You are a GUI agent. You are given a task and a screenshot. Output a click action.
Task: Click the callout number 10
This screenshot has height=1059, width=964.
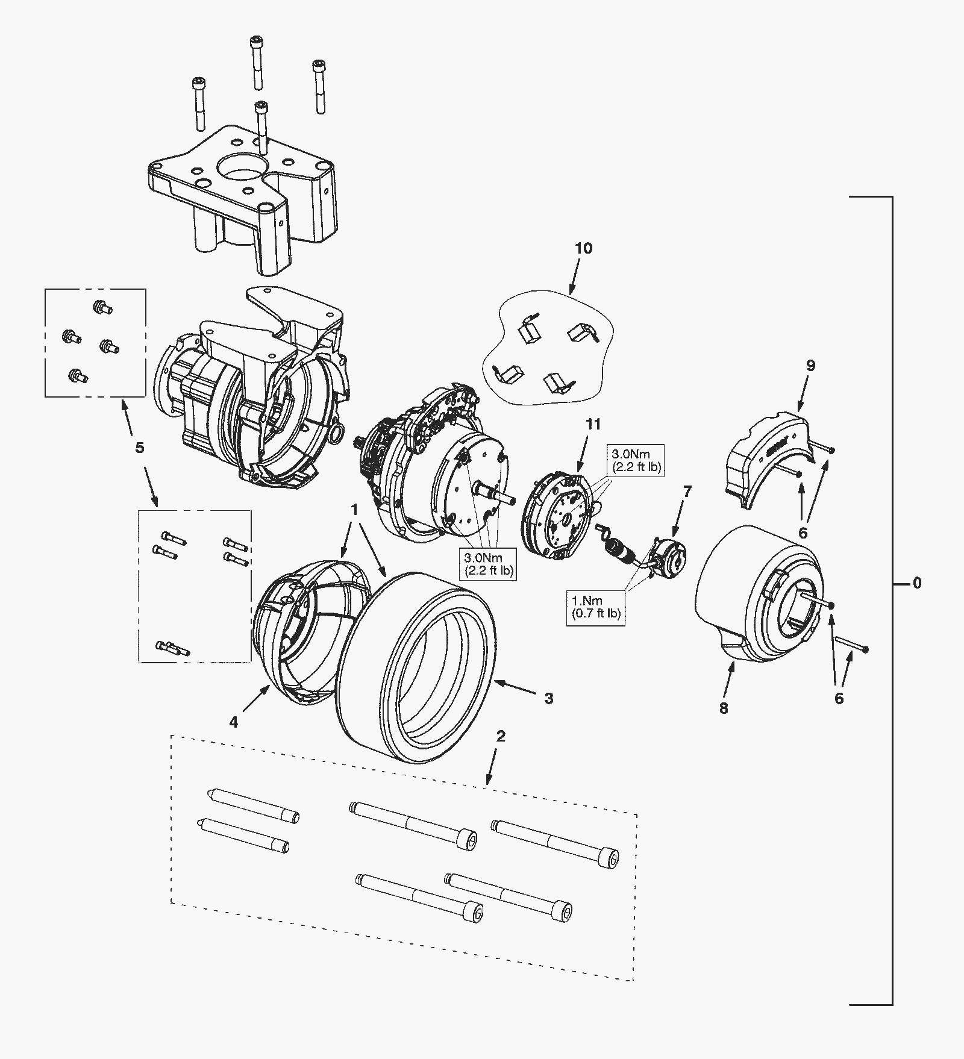(583, 248)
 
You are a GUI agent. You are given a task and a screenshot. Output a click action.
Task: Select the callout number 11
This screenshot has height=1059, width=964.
(593, 425)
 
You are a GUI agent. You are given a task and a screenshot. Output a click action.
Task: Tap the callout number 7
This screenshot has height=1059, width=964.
(687, 492)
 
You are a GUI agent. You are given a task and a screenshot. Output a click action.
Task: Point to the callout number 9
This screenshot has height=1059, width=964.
(810, 366)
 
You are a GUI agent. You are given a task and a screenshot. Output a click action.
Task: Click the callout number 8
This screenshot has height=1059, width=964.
(724, 708)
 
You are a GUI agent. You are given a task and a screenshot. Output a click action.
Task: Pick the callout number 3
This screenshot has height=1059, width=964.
(549, 698)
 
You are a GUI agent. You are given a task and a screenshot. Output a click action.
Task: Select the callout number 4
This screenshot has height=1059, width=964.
(234, 722)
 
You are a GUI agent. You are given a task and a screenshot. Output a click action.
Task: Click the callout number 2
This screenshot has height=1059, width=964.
(501, 736)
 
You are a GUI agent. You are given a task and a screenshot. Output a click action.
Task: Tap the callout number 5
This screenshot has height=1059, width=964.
(140, 448)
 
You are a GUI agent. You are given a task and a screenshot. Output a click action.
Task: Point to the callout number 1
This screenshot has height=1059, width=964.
(355, 510)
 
